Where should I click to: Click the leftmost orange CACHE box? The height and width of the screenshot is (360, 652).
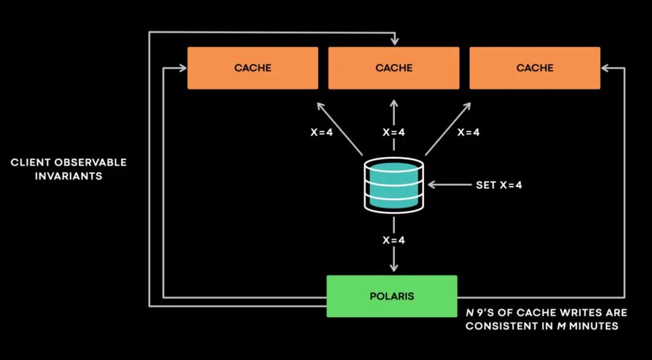[252, 68]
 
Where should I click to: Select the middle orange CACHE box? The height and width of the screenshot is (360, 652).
[394, 68]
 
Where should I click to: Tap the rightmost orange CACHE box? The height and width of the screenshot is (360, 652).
[535, 68]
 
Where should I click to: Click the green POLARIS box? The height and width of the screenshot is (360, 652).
[392, 296]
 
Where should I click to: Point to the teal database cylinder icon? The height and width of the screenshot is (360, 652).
[394, 185]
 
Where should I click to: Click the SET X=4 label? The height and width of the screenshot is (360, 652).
[499, 185]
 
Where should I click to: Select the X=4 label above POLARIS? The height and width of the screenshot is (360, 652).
[394, 240]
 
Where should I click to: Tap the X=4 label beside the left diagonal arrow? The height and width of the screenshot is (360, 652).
[321, 132]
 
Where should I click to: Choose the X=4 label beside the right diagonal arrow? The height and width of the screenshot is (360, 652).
[468, 132]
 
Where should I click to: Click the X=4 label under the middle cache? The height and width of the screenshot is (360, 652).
[394, 132]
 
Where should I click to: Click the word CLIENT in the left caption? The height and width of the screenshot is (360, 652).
[31, 162]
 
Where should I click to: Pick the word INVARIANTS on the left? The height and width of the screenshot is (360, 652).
[68, 176]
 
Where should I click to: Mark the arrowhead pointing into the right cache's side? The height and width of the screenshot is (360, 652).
[606, 68]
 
